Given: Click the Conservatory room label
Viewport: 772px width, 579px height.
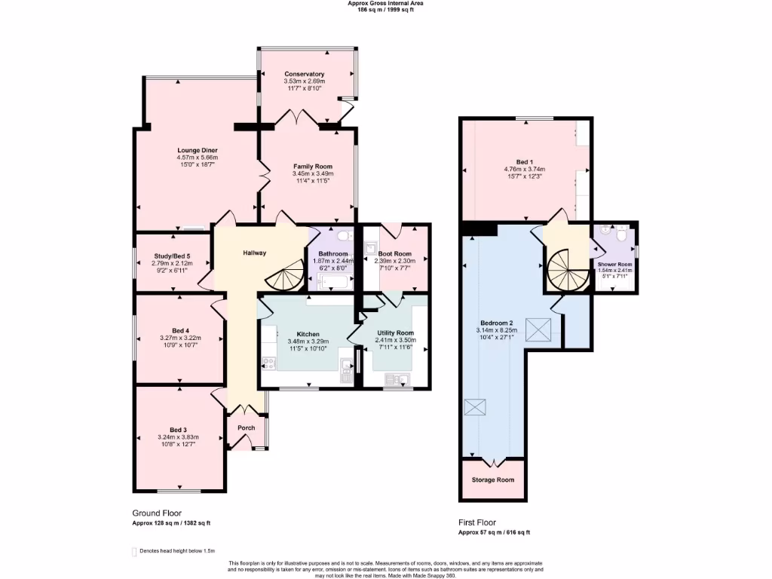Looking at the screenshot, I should (305, 74).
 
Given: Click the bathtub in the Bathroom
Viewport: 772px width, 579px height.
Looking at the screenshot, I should (331, 283).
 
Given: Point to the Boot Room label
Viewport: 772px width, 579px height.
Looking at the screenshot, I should (395, 253).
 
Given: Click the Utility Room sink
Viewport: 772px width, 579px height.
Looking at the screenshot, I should (396, 379).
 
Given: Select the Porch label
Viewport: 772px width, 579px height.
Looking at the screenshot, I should (246, 427).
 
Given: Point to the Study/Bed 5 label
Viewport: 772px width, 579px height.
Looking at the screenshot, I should (172, 256).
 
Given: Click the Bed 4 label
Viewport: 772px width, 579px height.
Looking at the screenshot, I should (180, 330).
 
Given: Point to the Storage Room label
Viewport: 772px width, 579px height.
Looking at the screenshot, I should (493, 479).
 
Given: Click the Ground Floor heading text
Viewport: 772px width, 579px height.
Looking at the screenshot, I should (156, 513).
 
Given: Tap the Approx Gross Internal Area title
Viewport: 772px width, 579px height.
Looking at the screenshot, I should (385, 3).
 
